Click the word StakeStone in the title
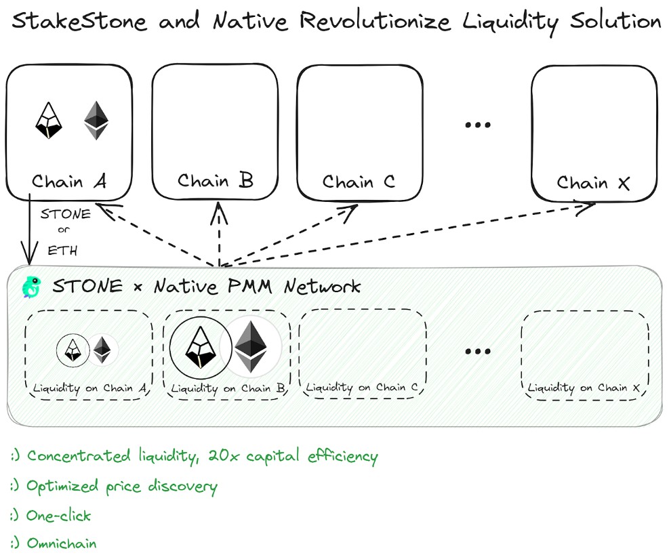(79, 22)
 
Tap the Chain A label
(69, 182)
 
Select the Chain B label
(215, 181)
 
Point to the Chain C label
(359, 182)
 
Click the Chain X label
(593, 183)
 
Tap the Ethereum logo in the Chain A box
(96, 121)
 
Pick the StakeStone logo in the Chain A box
(49, 121)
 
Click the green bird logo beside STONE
(31, 287)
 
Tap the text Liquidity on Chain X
(584, 388)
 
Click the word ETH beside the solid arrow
(62, 251)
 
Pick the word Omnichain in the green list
(61, 543)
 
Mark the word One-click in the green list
(58, 515)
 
